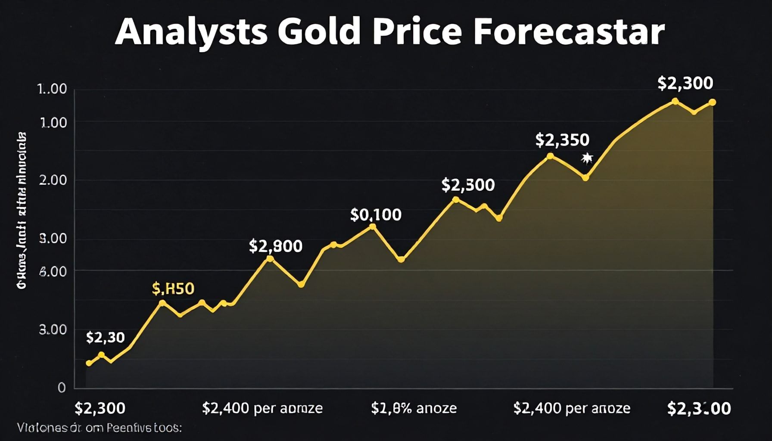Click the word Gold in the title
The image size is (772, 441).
pyautogui.click(x=318, y=32)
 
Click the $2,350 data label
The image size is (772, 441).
pyautogui.click(x=562, y=140)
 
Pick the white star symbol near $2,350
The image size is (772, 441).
pyautogui.click(x=586, y=158)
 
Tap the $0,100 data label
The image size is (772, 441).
pyautogui.click(x=376, y=214)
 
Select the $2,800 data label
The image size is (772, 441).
pyautogui.click(x=276, y=246)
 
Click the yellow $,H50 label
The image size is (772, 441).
pyautogui.click(x=173, y=289)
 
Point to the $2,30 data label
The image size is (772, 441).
pyautogui.click(x=105, y=338)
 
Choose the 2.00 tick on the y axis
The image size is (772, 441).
pyautogui.click(x=53, y=180)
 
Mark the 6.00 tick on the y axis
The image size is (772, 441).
pyautogui.click(x=53, y=271)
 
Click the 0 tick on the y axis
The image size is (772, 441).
pyautogui.click(x=62, y=388)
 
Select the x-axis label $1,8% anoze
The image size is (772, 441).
pyautogui.click(x=414, y=408)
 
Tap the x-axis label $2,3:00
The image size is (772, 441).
pyautogui.click(x=699, y=408)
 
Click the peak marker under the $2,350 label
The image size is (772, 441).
pyautogui.click(x=550, y=156)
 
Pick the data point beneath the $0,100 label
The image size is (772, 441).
pyautogui.click(x=373, y=227)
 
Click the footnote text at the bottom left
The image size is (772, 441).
pyautogui.click(x=100, y=428)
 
